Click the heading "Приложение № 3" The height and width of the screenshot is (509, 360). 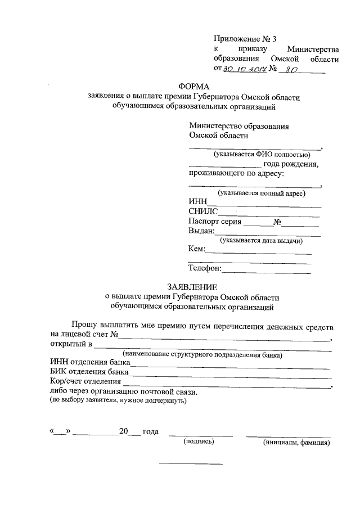(245, 39)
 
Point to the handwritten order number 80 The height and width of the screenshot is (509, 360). (290, 70)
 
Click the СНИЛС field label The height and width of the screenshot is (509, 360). (202, 212)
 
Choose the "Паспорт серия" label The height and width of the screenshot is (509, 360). (215, 222)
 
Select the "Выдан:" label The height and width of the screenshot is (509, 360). (202, 231)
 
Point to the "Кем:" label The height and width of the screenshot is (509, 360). (197, 249)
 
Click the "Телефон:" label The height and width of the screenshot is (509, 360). (205, 268)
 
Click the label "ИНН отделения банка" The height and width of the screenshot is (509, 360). (86, 362)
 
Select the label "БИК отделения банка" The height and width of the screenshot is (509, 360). (86, 372)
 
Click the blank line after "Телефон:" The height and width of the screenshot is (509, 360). (267, 272)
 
